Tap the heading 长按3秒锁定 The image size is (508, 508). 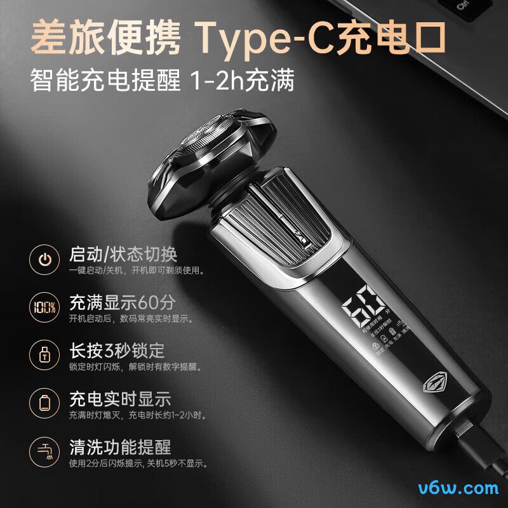click(x=116, y=351)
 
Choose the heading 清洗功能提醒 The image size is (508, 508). click(x=120, y=446)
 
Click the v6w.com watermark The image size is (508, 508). click(x=458, y=488)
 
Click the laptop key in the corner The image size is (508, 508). click(x=471, y=8)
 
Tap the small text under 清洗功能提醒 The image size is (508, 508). click(x=138, y=464)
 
